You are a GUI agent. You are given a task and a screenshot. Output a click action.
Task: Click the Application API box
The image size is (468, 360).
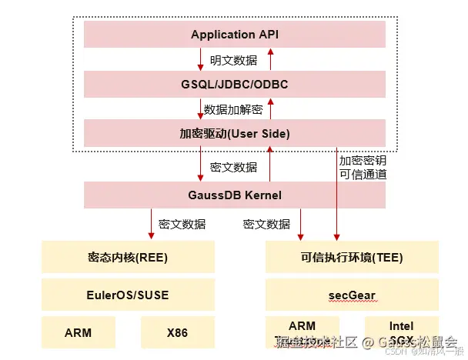point(234,35)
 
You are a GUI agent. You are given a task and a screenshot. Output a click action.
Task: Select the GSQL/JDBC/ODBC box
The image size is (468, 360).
point(234,83)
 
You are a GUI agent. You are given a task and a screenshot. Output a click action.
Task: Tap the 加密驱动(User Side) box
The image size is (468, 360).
point(234,133)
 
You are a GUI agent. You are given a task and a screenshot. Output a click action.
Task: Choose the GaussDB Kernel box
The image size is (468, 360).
point(234,195)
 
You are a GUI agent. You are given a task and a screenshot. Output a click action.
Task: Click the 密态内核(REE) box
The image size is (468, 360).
point(127,257)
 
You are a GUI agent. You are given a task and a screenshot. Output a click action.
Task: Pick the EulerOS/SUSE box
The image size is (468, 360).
point(127,294)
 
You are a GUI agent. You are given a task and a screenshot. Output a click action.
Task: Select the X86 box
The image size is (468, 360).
point(176,332)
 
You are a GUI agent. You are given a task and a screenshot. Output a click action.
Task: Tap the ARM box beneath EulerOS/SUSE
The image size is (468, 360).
point(78,332)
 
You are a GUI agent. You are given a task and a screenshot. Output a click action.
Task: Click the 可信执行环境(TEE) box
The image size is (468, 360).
point(352,257)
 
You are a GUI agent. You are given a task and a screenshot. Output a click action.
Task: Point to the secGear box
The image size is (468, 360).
point(352,294)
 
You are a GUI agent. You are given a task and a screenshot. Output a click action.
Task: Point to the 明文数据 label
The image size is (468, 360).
point(234,59)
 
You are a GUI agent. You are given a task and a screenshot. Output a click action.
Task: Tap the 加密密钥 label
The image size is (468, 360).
point(362,160)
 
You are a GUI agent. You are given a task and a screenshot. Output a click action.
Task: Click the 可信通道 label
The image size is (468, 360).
point(362,174)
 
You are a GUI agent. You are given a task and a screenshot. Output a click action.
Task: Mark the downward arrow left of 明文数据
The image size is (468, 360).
point(201,59)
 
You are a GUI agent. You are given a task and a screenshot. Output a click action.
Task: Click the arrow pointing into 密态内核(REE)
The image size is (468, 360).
point(152,225)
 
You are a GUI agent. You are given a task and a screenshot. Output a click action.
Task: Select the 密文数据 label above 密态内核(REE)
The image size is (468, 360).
point(182,225)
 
